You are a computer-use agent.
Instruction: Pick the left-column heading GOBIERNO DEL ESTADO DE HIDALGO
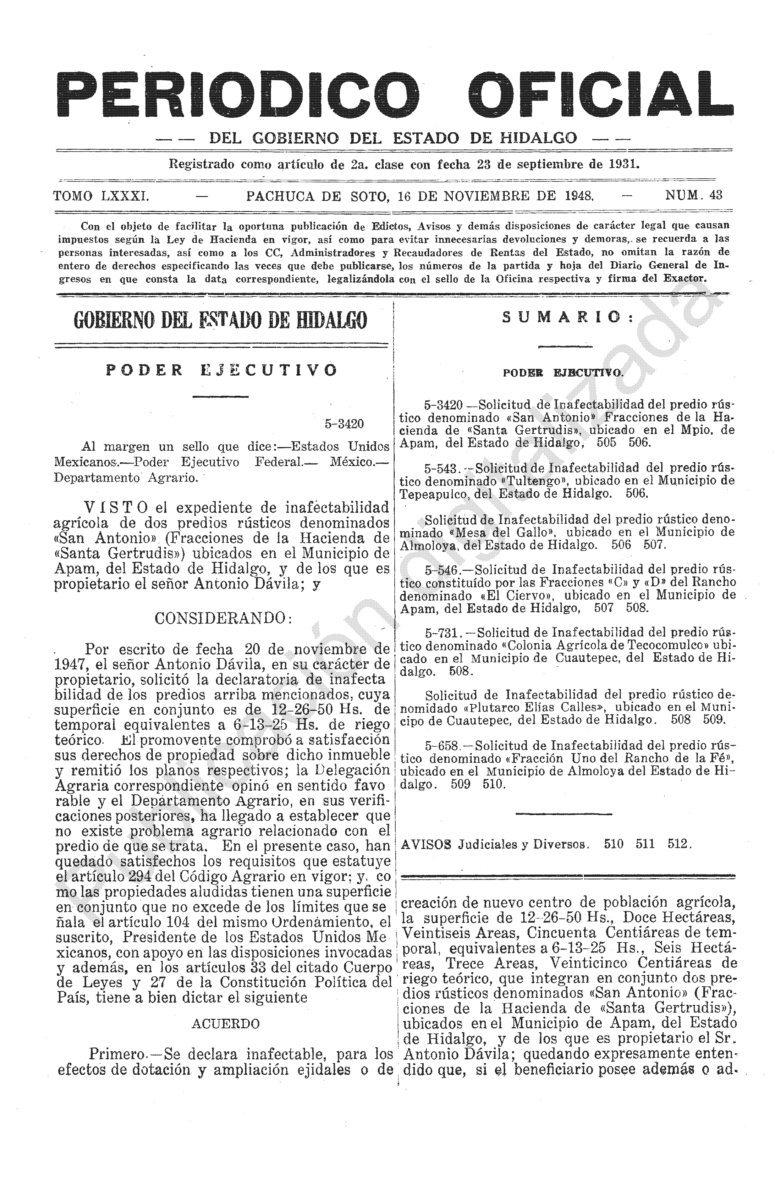coord(220,320)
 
